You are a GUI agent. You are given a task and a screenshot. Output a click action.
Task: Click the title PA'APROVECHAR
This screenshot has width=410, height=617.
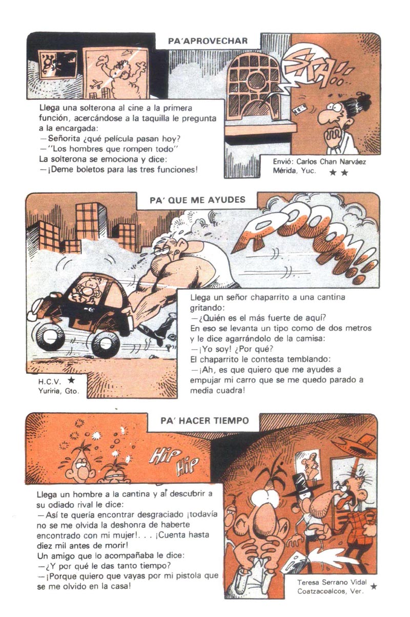coord(208,41)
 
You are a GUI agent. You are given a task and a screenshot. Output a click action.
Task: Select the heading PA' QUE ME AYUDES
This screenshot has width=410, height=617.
coord(197,200)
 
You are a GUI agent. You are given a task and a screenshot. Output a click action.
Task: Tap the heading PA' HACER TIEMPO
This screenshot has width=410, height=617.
coord(205,420)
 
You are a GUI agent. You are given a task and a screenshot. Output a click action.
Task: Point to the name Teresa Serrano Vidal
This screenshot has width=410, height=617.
coord(332,582)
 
